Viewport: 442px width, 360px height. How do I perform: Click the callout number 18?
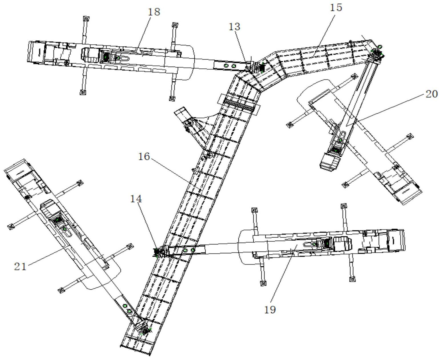click(x=154, y=12)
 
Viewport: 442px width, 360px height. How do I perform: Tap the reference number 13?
click(x=234, y=27)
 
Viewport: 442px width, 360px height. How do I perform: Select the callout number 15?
click(x=336, y=8)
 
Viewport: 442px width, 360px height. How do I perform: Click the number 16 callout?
click(x=145, y=157)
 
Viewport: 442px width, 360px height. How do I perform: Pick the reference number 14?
click(x=136, y=199)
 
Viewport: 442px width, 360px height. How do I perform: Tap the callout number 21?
click(x=20, y=266)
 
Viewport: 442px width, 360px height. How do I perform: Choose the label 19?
click(x=270, y=309)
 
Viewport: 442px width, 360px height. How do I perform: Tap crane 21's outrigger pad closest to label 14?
click(x=130, y=246)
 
